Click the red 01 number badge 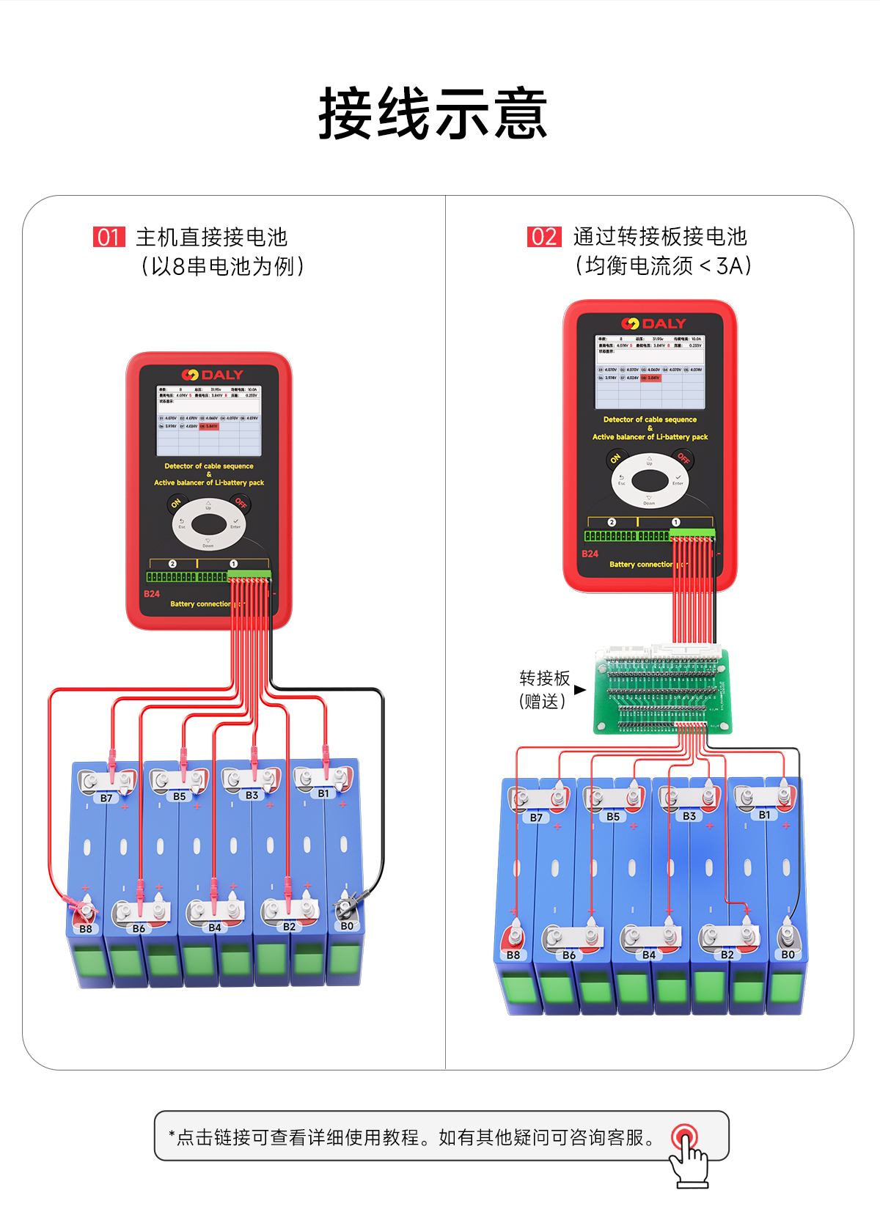coord(109,237)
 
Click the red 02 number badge coord(544,237)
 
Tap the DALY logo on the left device coord(212,375)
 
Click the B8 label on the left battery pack coord(86,929)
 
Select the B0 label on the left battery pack coord(347,926)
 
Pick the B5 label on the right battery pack coord(613,816)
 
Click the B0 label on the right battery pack coord(788,955)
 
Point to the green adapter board coord(663,692)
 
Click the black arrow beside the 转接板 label coord(580,690)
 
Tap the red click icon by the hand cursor coord(685,1137)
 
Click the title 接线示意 coord(433,114)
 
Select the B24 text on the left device coord(152,594)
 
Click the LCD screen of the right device coord(650,371)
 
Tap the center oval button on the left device coord(209,524)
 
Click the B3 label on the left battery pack coord(252,796)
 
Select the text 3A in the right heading coord(730,265)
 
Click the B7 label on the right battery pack coord(536,818)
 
